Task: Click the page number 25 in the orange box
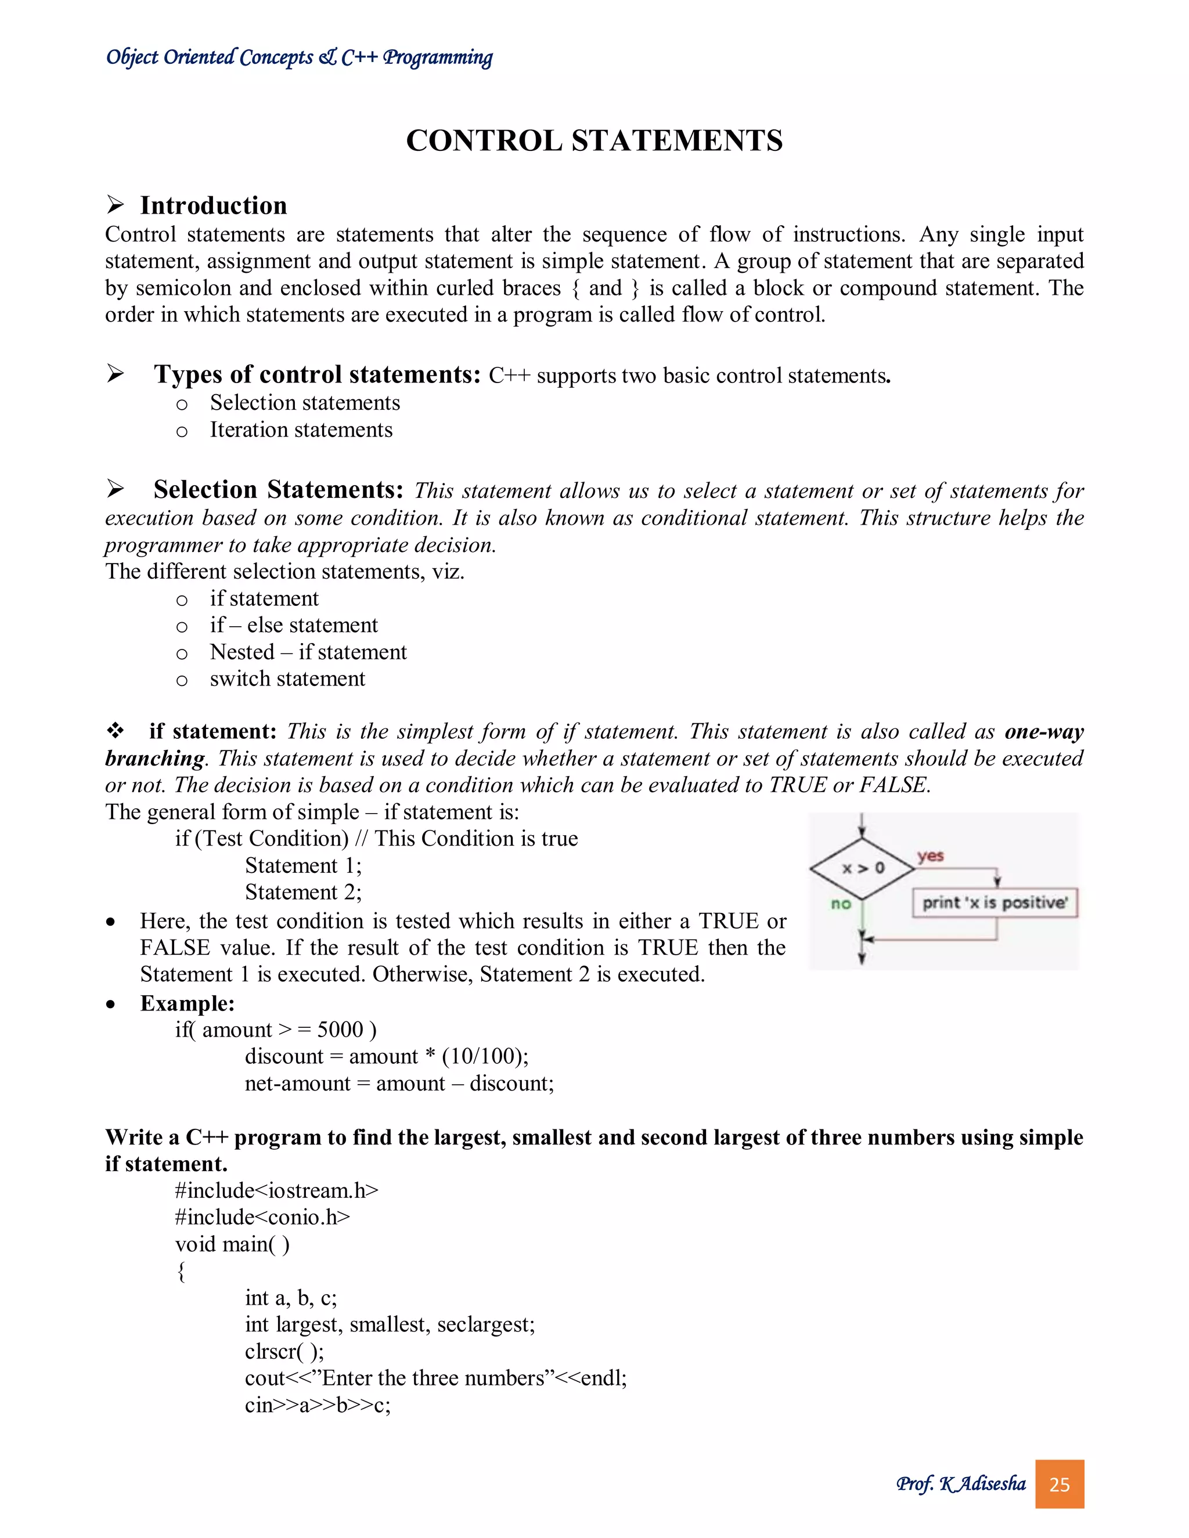click(1059, 1485)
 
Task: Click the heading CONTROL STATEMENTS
click(594, 141)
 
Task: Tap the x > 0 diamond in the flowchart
click(863, 868)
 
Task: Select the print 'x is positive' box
click(995, 903)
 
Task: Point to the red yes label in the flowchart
click(930, 855)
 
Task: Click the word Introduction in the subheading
click(214, 205)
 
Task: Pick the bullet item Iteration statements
click(301, 429)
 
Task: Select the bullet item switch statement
click(287, 679)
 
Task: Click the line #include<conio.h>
click(262, 1218)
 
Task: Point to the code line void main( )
click(232, 1244)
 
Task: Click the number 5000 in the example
click(340, 1030)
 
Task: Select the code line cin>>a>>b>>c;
click(318, 1405)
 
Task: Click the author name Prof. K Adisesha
click(961, 1485)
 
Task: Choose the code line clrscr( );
click(284, 1351)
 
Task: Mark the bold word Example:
click(188, 1003)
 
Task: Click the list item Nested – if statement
click(308, 652)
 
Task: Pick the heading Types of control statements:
click(317, 375)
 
